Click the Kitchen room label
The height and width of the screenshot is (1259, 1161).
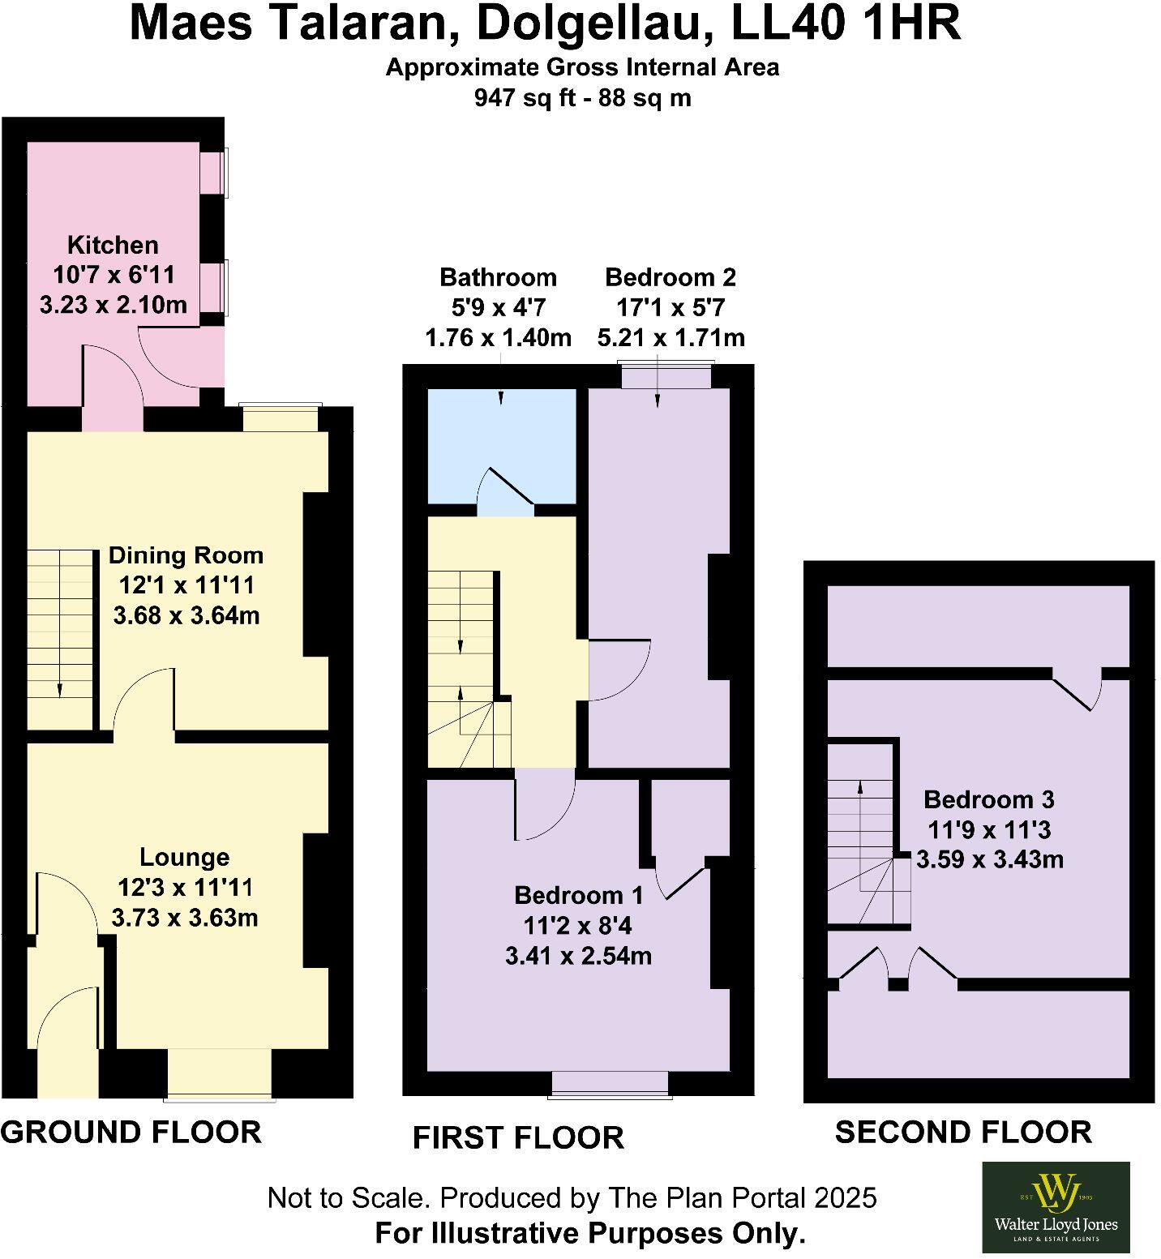click(113, 245)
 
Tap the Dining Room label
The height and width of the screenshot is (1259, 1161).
click(186, 555)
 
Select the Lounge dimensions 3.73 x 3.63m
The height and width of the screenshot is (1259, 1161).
click(185, 918)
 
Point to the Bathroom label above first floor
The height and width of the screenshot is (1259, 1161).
click(498, 277)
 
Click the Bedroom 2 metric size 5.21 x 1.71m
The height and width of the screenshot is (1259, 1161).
click(670, 337)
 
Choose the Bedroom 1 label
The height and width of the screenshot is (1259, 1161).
click(579, 895)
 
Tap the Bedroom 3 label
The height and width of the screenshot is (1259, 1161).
click(988, 799)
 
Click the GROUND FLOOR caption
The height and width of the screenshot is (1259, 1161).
click(131, 1132)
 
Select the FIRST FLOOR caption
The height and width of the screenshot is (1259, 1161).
click(518, 1137)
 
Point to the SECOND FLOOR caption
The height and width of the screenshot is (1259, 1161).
click(963, 1132)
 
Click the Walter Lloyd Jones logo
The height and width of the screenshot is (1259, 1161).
click(1056, 1206)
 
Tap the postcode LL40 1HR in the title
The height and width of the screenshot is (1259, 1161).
click(846, 24)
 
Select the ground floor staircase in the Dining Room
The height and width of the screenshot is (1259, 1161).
click(61, 624)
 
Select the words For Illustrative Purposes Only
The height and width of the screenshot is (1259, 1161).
click(589, 1233)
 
